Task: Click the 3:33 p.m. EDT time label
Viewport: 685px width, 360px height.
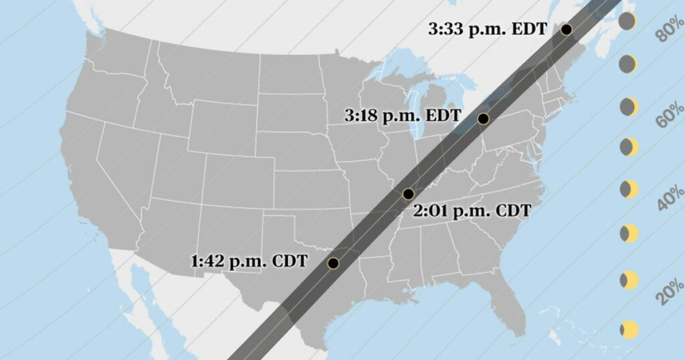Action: (488, 29)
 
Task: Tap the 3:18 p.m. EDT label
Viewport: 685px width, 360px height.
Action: (402, 115)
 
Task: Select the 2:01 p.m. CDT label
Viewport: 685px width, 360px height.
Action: (472, 211)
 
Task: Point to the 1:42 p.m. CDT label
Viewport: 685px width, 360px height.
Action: (249, 261)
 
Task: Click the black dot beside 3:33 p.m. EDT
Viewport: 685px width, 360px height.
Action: (567, 29)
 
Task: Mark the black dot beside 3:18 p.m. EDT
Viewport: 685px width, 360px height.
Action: (483, 119)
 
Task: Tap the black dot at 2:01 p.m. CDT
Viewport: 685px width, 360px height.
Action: (408, 194)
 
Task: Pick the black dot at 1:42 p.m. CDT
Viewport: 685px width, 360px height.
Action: (333, 263)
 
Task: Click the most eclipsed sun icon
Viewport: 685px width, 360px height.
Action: (627, 21)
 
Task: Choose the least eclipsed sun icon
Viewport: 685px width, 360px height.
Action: (629, 329)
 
